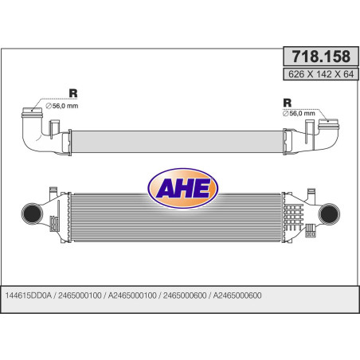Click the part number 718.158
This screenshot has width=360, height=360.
[x=321, y=57]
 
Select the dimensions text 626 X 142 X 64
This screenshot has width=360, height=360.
[x=321, y=74]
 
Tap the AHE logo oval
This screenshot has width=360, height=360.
[x=182, y=188]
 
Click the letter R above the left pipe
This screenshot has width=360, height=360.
[x=73, y=93]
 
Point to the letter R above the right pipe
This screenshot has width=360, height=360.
[x=288, y=103]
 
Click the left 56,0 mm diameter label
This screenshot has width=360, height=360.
[x=62, y=106]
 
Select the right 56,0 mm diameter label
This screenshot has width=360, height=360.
[x=299, y=113]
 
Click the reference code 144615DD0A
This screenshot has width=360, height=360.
[x=28, y=295]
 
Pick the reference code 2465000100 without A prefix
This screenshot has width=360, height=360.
[x=80, y=295]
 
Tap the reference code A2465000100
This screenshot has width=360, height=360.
[x=132, y=295]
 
